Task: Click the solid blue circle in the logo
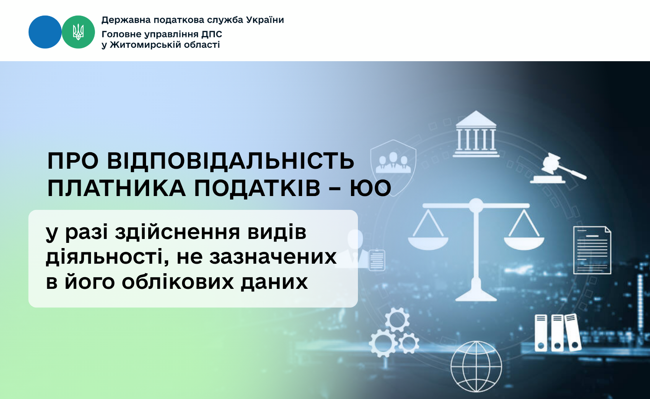(45, 32)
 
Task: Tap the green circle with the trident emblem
(78, 32)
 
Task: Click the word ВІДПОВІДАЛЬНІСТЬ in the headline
(231, 161)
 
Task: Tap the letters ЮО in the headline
(370, 188)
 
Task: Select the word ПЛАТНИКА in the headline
(117, 188)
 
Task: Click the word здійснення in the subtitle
(177, 232)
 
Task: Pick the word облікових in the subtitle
(178, 281)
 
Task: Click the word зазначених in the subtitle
(273, 257)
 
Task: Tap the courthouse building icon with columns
(476, 134)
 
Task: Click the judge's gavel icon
(558, 169)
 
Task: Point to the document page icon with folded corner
(592, 250)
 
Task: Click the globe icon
(476, 366)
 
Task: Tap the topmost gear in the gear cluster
(397, 320)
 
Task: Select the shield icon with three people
(393, 167)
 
